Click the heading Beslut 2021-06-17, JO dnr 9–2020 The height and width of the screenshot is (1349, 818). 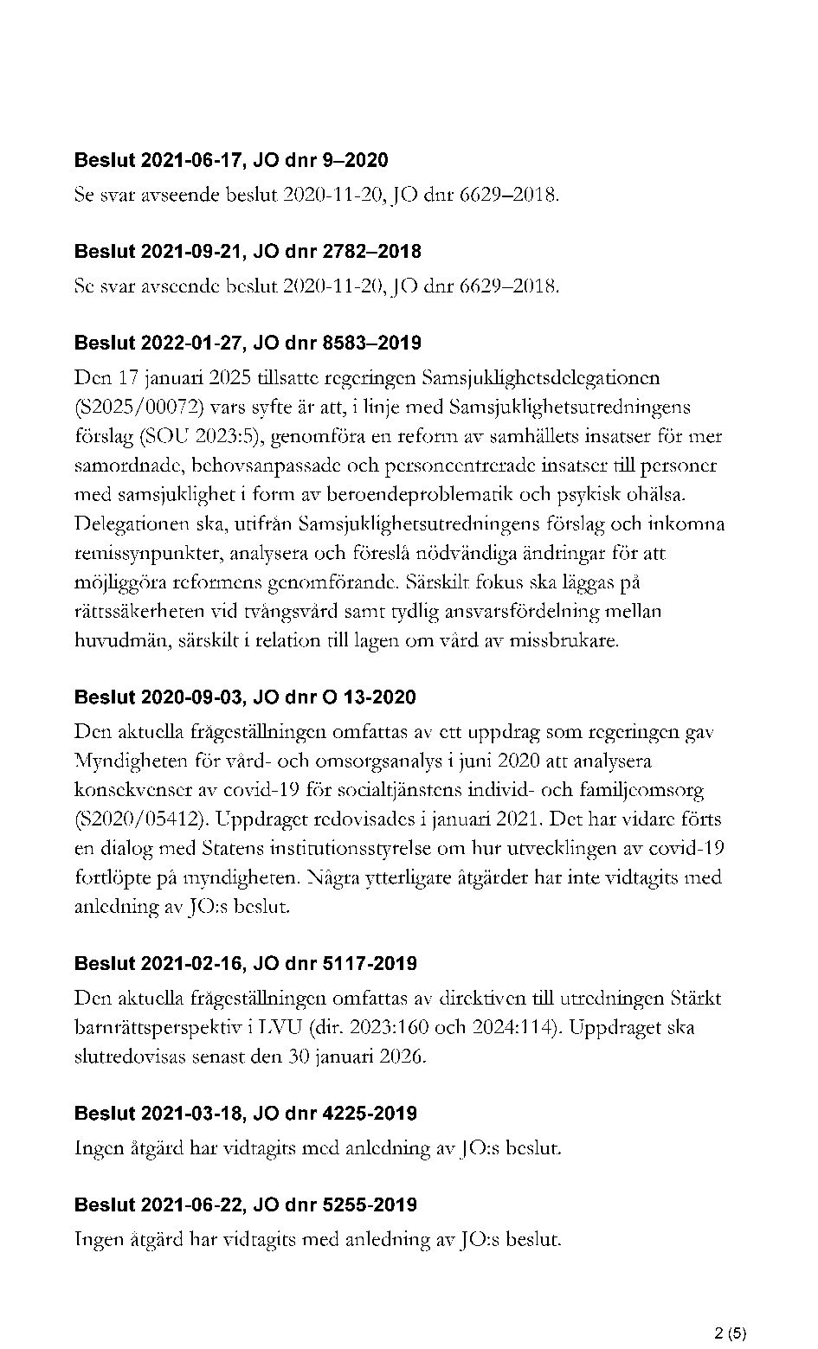231,160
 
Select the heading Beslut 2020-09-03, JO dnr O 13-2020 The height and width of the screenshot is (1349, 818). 245,697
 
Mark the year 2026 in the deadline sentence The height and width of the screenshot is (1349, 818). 401,1057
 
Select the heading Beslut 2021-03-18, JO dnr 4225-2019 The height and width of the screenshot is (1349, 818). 245,1114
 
